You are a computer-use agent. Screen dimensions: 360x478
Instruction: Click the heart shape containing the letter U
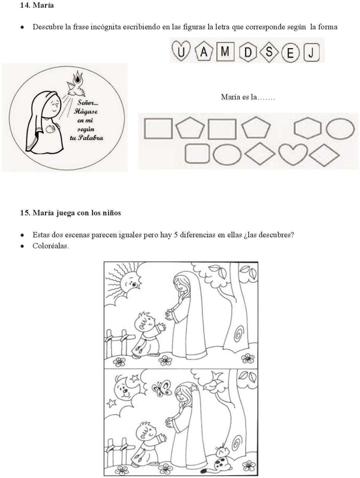181,51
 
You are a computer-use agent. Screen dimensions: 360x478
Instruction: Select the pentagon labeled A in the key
204,51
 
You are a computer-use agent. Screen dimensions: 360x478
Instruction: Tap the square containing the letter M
225,51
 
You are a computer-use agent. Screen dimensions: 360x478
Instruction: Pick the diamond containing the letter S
269,51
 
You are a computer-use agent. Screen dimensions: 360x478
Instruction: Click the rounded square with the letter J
311,52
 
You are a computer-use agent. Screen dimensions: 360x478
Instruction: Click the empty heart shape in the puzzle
293,154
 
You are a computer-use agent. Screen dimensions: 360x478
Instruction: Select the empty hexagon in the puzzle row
308,128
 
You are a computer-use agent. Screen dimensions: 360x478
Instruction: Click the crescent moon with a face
124,389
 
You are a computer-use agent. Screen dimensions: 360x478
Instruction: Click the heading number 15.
24,213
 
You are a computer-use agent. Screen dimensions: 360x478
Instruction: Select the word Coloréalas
51,246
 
